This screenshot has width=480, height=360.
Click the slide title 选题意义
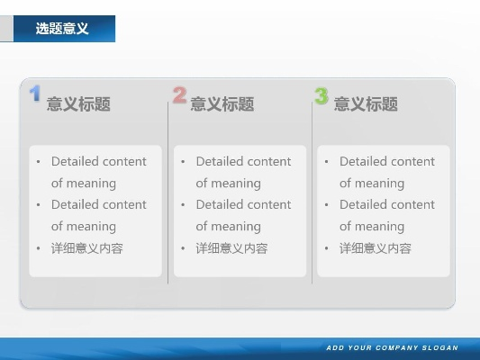tap(62, 29)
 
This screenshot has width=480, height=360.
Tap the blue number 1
tap(35, 93)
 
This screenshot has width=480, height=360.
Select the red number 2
tap(179, 94)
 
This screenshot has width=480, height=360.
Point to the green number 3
tap(322, 95)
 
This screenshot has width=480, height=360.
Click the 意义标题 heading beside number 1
tap(78, 104)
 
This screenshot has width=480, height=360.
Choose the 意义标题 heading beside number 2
tap(222, 104)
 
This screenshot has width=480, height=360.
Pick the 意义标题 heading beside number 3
tap(366, 104)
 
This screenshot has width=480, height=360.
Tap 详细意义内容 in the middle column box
tap(231, 248)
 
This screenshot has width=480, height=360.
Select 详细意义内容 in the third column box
tap(375, 248)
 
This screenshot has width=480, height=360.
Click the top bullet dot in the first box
tap(39, 162)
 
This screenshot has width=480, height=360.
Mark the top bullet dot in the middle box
tap(183, 162)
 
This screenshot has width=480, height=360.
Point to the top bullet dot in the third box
tap(327, 162)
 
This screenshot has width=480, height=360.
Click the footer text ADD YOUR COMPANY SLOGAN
tap(392, 347)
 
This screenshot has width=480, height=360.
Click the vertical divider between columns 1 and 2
tap(168, 193)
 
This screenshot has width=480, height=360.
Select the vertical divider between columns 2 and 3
tap(312, 193)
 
